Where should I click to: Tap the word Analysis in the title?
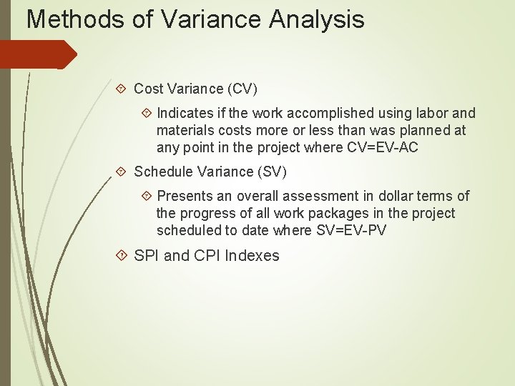point(317,19)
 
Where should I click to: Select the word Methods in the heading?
point(74,19)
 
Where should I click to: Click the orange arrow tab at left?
point(39,54)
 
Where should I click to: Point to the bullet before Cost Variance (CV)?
point(122,89)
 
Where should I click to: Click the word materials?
point(186,131)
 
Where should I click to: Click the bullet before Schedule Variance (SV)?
point(122,172)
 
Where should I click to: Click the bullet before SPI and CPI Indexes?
point(122,256)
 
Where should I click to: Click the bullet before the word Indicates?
point(146,113)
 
